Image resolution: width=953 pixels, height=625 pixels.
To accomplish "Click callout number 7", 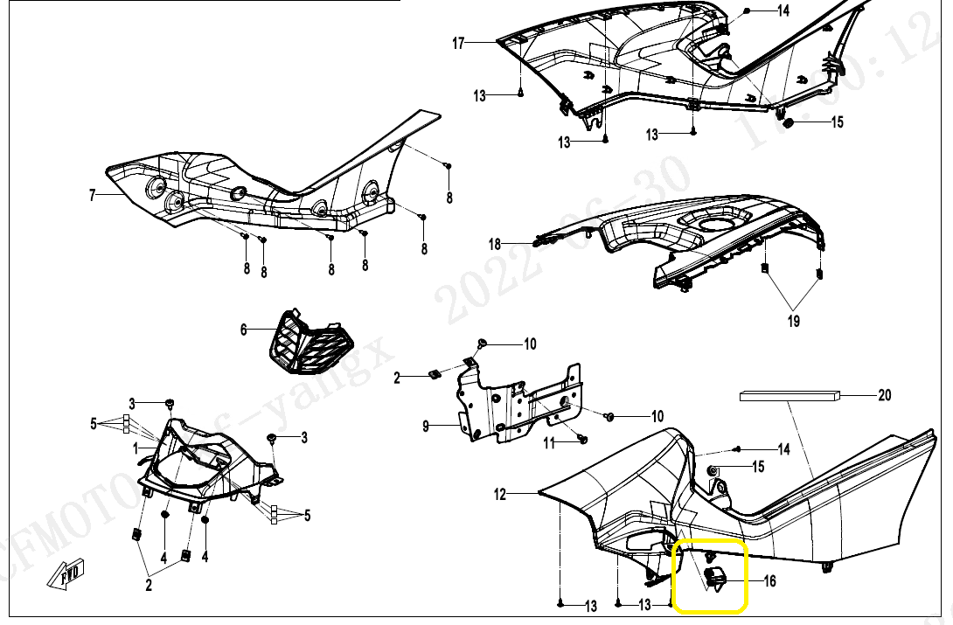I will click(x=92, y=196).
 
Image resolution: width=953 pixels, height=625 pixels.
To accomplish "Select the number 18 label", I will click(x=495, y=245).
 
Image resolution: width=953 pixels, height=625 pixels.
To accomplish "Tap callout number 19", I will click(x=793, y=322).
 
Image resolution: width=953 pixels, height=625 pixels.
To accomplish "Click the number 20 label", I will click(x=885, y=396).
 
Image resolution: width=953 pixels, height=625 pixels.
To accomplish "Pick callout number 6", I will click(x=244, y=330).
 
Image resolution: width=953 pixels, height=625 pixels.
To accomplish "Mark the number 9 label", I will click(x=426, y=427).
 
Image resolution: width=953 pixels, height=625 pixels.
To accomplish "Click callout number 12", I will click(x=500, y=495).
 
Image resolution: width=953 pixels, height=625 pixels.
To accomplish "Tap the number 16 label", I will click(x=770, y=580).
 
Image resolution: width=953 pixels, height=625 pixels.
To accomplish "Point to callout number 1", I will click(x=136, y=448).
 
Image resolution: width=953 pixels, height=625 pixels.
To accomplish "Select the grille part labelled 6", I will click(x=310, y=343).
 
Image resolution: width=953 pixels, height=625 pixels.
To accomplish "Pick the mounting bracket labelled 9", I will click(x=520, y=402).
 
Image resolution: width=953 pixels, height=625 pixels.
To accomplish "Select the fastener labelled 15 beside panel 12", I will click(x=713, y=472).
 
